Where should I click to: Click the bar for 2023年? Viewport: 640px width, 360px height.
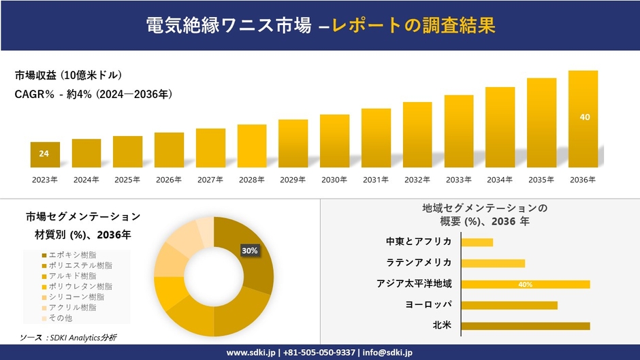point(45,154)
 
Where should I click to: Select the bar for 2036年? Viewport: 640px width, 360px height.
point(583,119)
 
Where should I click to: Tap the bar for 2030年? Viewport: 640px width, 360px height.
point(334,141)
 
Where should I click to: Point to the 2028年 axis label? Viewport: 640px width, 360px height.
point(252,180)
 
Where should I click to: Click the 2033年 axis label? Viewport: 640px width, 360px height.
point(458,180)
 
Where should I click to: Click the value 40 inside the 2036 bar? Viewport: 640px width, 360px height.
point(584,117)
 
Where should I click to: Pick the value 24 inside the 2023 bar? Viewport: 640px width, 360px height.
point(44,154)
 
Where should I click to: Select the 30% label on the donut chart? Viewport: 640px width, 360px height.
point(250,250)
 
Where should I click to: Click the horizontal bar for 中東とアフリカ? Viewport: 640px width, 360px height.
point(477,242)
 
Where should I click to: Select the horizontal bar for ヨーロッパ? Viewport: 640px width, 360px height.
point(509,305)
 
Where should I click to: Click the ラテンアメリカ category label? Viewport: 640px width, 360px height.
point(418,263)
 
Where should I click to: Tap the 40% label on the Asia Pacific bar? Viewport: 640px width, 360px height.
point(525,284)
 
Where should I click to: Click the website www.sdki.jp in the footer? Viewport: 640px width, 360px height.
point(251,353)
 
